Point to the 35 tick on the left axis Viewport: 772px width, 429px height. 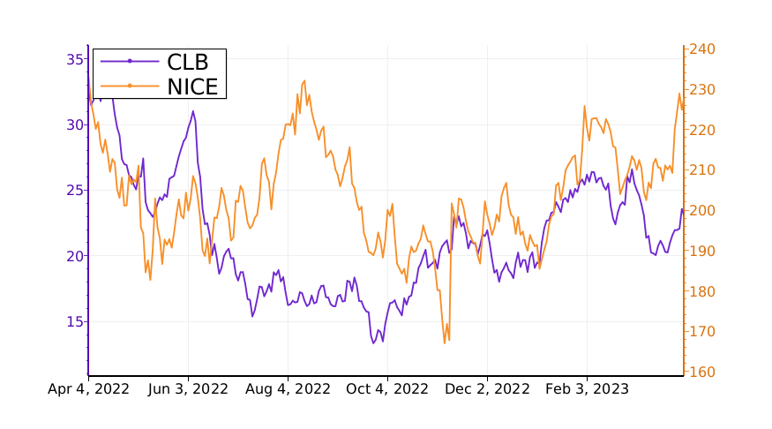coord(74,59)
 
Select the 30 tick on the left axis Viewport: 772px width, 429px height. coord(74,124)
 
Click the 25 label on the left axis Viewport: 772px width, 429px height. coord(74,190)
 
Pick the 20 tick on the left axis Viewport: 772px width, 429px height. coord(74,256)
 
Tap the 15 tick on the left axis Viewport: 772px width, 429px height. coord(74,321)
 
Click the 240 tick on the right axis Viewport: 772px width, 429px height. coord(703,49)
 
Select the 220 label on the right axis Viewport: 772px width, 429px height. coord(703,130)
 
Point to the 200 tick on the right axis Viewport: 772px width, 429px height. coord(703,211)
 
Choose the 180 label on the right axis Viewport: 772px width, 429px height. coord(703,291)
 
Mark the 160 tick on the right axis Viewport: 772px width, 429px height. coord(703,372)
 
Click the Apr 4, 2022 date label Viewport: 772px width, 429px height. coord(88,388)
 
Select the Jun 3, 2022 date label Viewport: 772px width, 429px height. coord(187,388)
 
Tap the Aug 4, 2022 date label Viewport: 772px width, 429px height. coord(288,388)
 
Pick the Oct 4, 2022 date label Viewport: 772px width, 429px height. coord(387,388)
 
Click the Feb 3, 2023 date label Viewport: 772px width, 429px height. coord(587,388)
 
